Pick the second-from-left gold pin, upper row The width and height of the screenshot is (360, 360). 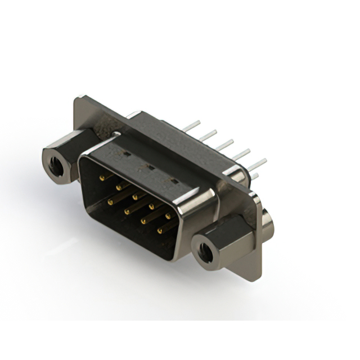pos(119,186)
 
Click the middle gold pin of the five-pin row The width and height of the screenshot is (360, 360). pos(135,196)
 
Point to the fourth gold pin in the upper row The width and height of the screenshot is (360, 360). pos(151,205)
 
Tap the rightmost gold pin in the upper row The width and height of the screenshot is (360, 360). pos(168,215)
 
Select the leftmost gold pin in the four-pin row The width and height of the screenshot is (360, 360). pos(110,201)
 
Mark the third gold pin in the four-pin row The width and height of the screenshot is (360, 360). pos(143,220)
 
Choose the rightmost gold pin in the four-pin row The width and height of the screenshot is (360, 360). pos(159,229)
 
